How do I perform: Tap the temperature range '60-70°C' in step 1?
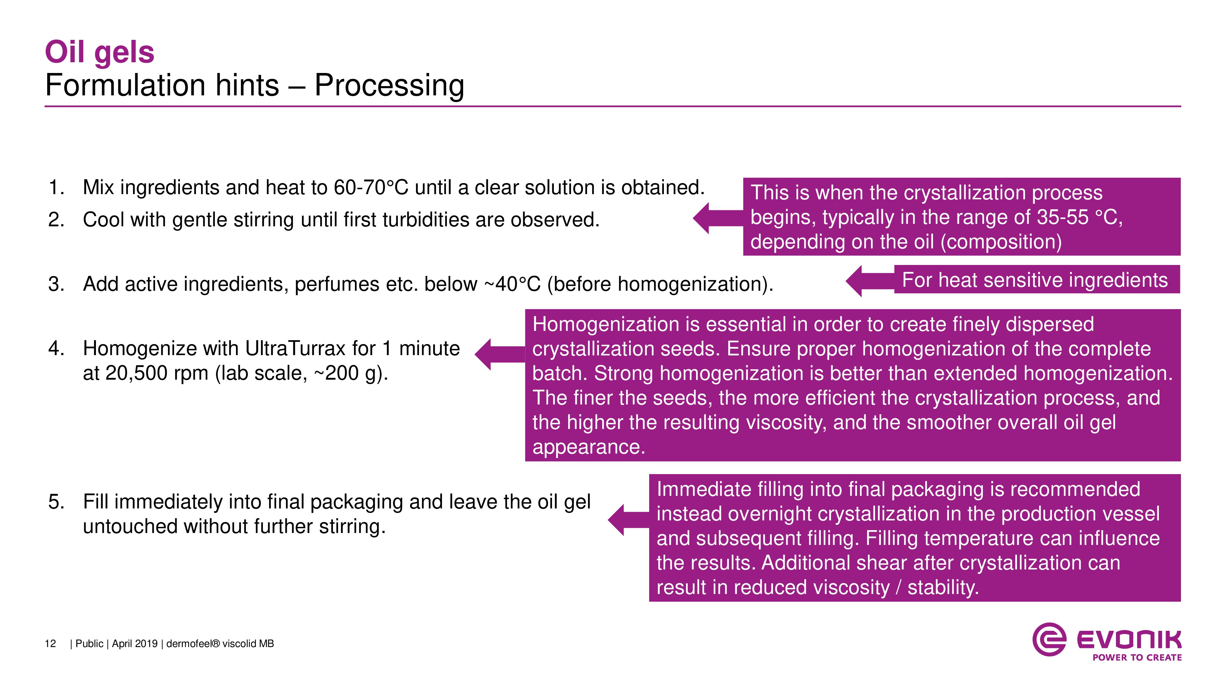coord(371,188)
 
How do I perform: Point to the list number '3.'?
coord(56,284)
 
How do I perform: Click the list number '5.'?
coord(56,502)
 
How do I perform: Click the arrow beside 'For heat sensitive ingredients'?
coord(869,281)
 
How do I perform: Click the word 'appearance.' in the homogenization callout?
coord(588,447)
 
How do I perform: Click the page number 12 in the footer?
coord(50,644)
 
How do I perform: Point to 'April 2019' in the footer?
coord(135,644)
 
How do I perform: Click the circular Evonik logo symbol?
coord(1049,639)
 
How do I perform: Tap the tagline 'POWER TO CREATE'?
coord(1137,657)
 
